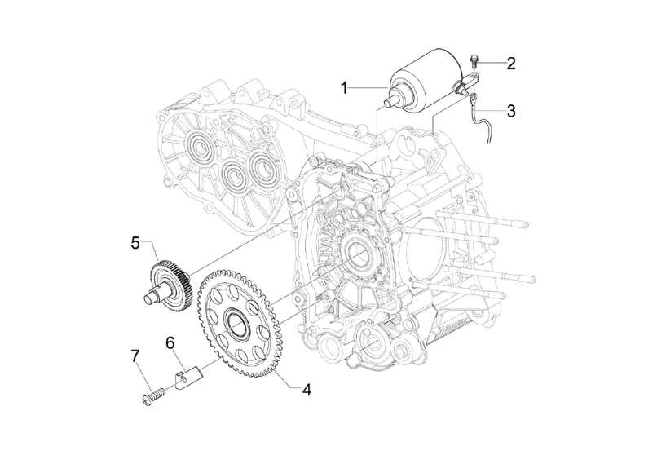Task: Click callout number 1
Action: click(345, 89)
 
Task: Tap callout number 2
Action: click(510, 64)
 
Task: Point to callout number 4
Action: click(307, 389)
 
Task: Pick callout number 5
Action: click(135, 244)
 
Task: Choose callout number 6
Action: click(170, 342)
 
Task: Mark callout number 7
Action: click(135, 356)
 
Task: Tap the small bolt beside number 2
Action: click(474, 61)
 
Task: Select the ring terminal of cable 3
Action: click(473, 99)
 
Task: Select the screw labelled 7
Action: click(152, 394)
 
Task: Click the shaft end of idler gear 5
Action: click(148, 298)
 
